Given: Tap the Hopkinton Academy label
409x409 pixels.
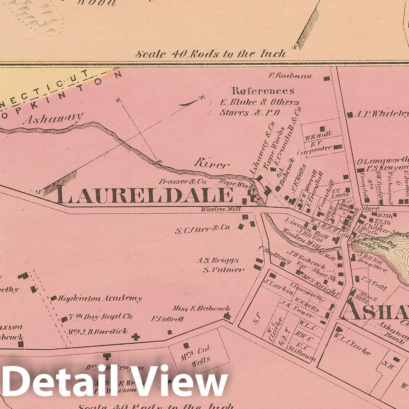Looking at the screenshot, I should tap(100, 299).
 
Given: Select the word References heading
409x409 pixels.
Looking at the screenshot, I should tap(263, 91).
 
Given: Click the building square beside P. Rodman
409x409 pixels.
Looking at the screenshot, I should tap(327, 78).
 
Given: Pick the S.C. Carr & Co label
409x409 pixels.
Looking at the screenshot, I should tap(202, 230).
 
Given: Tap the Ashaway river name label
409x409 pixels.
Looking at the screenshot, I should tap(53, 118).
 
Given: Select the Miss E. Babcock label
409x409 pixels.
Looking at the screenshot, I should tap(201, 309).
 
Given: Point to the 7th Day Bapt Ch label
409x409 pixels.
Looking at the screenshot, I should tap(100, 317).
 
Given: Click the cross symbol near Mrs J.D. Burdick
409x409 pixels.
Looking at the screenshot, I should tap(135, 337).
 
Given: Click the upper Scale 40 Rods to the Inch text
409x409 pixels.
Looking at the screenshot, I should tap(211, 54).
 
